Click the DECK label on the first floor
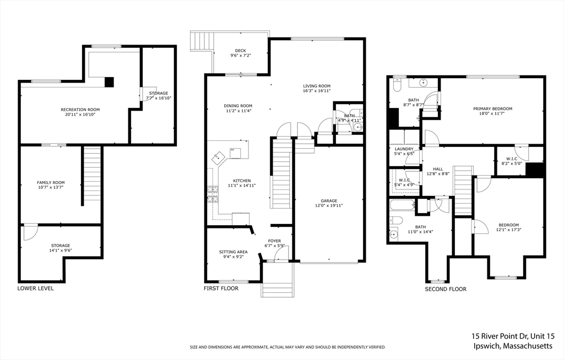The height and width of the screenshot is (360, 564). [x=240, y=51]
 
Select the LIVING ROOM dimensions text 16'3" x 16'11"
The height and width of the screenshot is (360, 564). [x=317, y=91]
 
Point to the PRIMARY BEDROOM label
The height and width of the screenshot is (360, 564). [x=493, y=109]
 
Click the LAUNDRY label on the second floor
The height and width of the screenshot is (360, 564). [x=404, y=149]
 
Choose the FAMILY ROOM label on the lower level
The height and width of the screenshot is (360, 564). [x=51, y=183]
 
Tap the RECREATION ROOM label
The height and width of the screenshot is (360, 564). [x=80, y=110]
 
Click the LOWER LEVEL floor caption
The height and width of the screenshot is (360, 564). [x=36, y=288]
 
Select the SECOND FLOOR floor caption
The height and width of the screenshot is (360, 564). [x=446, y=289]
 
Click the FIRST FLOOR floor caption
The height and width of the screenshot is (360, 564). [x=221, y=288]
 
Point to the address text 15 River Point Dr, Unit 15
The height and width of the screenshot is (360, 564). [x=512, y=336]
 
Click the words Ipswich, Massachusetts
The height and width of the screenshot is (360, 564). [x=512, y=346]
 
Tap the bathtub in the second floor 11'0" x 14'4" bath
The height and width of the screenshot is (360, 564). [x=401, y=206]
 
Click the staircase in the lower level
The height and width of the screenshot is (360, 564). [x=93, y=175]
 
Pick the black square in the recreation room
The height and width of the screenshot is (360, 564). [x=110, y=82]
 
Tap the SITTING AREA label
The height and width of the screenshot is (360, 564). [x=233, y=252]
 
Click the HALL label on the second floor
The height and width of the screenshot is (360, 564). [x=438, y=170]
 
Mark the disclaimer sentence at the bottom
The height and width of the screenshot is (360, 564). [x=288, y=347]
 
